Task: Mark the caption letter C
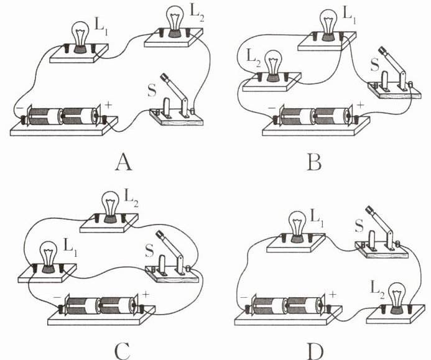tap(123, 349)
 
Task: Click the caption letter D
tap(315, 349)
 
